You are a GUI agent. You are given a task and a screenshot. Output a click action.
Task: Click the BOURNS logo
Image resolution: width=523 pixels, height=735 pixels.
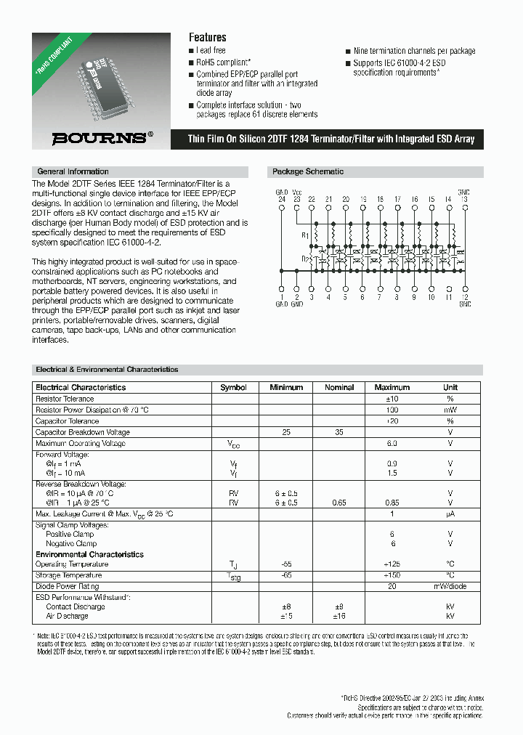(x=102, y=138)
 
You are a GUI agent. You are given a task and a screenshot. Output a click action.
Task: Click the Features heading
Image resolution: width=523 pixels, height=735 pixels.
(x=207, y=37)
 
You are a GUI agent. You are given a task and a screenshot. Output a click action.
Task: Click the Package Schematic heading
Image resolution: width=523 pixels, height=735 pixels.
(x=307, y=172)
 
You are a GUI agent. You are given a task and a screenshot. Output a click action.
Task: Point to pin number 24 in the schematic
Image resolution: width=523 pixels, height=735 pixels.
(x=281, y=198)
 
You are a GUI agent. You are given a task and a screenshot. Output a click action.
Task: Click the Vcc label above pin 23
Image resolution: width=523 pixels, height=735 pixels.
(x=296, y=191)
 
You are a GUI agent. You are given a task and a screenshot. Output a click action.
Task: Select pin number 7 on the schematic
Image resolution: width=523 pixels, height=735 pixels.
(x=379, y=297)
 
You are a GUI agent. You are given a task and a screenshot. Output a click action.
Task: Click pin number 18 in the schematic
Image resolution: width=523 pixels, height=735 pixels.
(x=380, y=198)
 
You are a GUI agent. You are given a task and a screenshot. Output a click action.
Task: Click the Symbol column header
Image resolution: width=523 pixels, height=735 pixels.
(x=233, y=388)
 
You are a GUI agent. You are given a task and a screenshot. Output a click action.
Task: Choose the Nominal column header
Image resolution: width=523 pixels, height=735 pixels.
(x=339, y=388)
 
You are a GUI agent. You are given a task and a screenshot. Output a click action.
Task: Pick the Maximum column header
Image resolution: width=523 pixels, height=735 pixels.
(x=392, y=388)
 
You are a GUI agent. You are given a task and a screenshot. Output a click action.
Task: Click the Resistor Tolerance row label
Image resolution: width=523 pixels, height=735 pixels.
(x=65, y=399)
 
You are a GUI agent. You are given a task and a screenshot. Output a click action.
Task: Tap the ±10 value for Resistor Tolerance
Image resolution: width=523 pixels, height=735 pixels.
(x=392, y=399)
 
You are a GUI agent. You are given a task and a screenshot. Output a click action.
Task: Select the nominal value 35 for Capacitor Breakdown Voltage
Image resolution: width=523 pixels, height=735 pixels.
(x=339, y=432)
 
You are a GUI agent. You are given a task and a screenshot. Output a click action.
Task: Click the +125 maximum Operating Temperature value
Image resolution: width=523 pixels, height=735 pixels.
(x=392, y=564)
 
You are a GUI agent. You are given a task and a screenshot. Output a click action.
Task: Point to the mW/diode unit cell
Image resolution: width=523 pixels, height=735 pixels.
(x=450, y=585)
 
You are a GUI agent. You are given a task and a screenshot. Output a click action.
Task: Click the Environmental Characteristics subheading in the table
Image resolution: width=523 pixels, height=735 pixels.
(x=89, y=554)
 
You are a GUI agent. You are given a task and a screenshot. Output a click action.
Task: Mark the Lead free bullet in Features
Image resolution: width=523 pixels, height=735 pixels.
(x=211, y=51)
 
